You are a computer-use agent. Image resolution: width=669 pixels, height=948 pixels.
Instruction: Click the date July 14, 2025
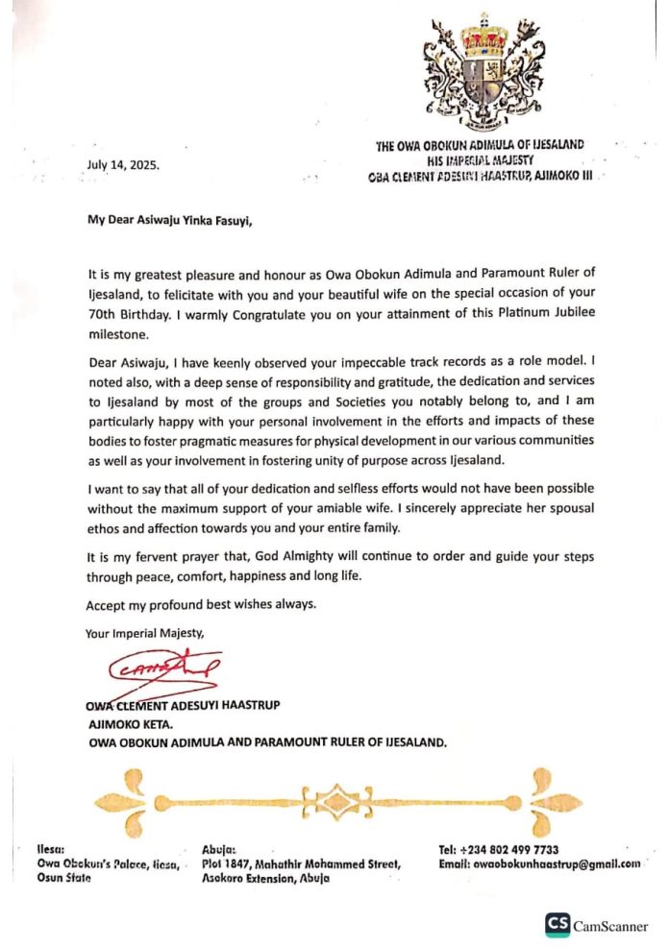pyautogui.click(x=123, y=164)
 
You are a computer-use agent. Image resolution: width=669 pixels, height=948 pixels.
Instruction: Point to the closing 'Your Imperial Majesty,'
pyautogui.click(x=144, y=633)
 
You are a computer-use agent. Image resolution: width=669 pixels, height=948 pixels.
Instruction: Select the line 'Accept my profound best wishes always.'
pyautogui.click(x=200, y=605)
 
